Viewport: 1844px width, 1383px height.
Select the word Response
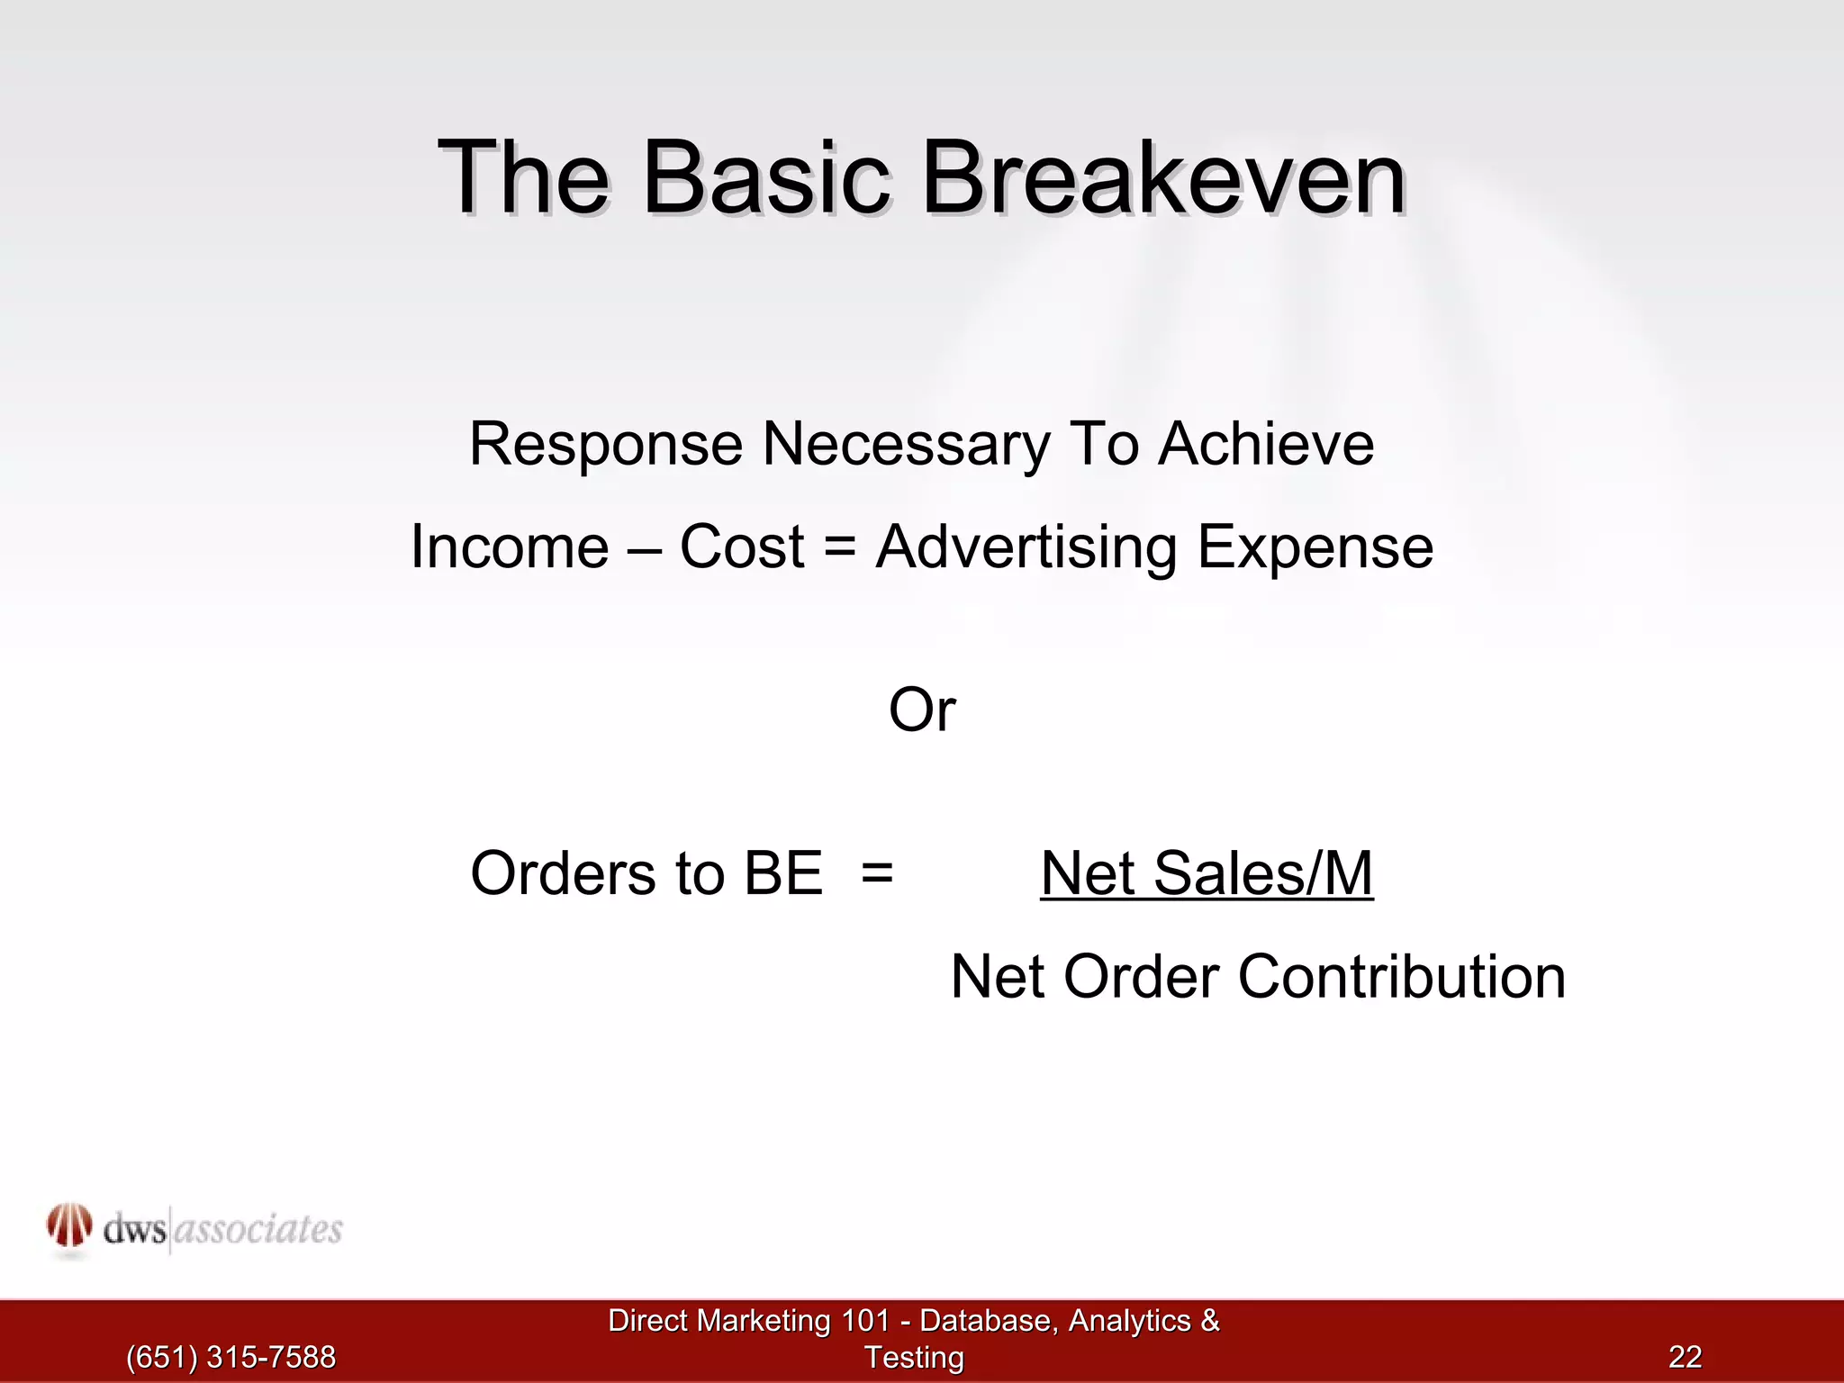click(x=605, y=446)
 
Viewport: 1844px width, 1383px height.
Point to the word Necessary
click(x=906, y=446)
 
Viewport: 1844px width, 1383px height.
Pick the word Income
click(x=510, y=547)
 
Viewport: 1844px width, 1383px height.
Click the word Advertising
click(x=1026, y=548)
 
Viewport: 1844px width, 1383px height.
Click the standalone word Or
click(x=921, y=710)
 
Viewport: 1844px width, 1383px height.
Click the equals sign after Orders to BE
click(x=876, y=874)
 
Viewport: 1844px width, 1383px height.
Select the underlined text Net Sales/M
click(x=1207, y=873)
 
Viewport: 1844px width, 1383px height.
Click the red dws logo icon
click(x=69, y=1226)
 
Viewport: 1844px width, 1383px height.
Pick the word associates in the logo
click(x=258, y=1230)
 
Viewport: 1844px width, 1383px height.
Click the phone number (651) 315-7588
click(x=230, y=1357)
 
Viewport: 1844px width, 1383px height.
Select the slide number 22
click(x=1685, y=1357)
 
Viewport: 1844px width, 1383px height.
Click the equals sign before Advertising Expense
click(x=839, y=547)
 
